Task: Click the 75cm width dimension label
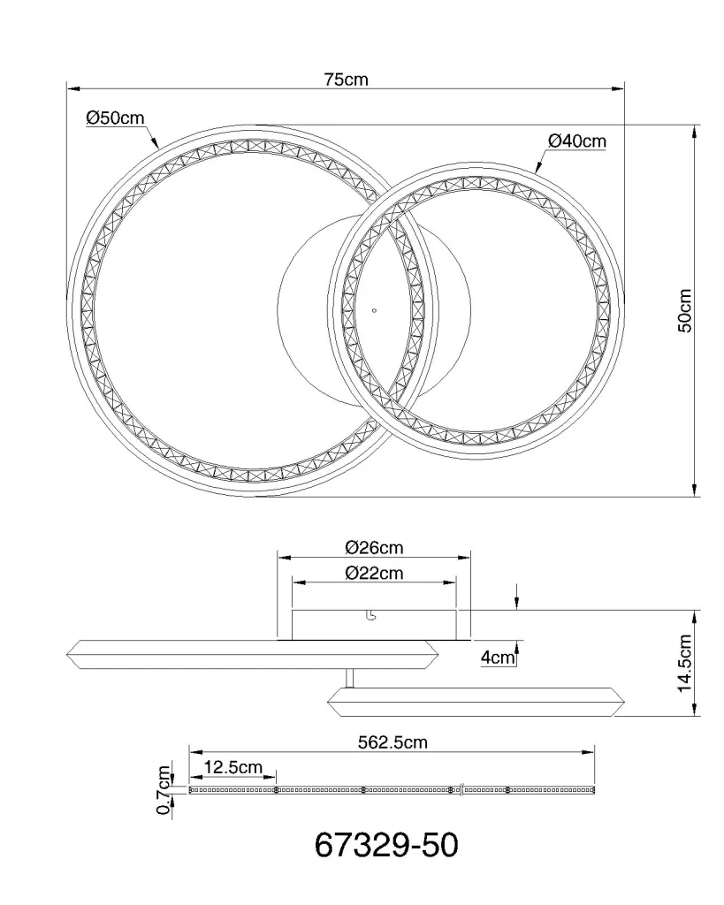coord(346,79)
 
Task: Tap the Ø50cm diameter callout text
coord(115,118)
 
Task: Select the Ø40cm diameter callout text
coord(576,141)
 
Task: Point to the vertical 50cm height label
coord(684,310)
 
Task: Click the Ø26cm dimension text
coord(374,547)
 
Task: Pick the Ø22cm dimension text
coord(374,573)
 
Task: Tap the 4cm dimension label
coord(497,657)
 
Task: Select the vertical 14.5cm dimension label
coord(684,663)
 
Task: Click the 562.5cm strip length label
coord(392,741)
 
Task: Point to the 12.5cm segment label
coord(233,767)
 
